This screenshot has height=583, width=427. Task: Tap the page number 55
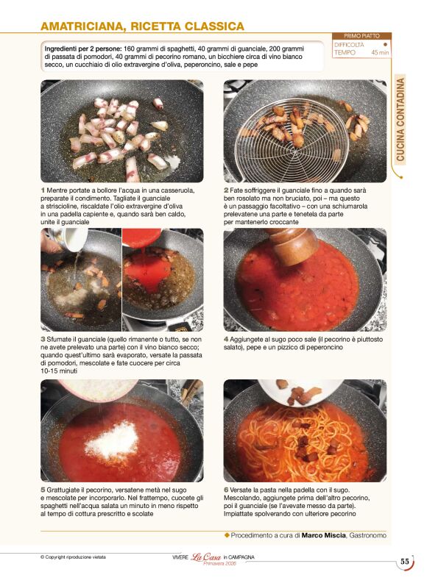pos(405,562)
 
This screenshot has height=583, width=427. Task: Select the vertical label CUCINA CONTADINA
pos(400,120)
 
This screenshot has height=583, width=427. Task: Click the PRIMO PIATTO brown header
pos(361,36)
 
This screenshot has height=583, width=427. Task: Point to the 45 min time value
pos(380,53)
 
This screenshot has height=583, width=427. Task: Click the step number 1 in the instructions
pos(43,190)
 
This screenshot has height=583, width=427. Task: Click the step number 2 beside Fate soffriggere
pos(226,190)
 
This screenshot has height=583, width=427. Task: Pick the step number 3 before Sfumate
pos(43,340)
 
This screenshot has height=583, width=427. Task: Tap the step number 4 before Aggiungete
pos(226,340)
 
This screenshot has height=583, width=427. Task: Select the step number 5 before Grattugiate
pos(43,490)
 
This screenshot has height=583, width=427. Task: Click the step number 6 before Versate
pos(226,490)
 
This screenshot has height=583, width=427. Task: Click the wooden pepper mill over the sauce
pos(292,246)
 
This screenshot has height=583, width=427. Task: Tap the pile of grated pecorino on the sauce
pos(112,440)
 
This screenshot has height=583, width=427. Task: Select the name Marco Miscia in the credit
pos(323,535)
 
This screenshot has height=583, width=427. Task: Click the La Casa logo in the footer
pos(206,557)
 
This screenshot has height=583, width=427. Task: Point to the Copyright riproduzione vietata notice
pos(73,557)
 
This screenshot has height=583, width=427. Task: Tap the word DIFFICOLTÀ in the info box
pos(349,45)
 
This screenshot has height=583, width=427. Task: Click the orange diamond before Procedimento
pos(227,535)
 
